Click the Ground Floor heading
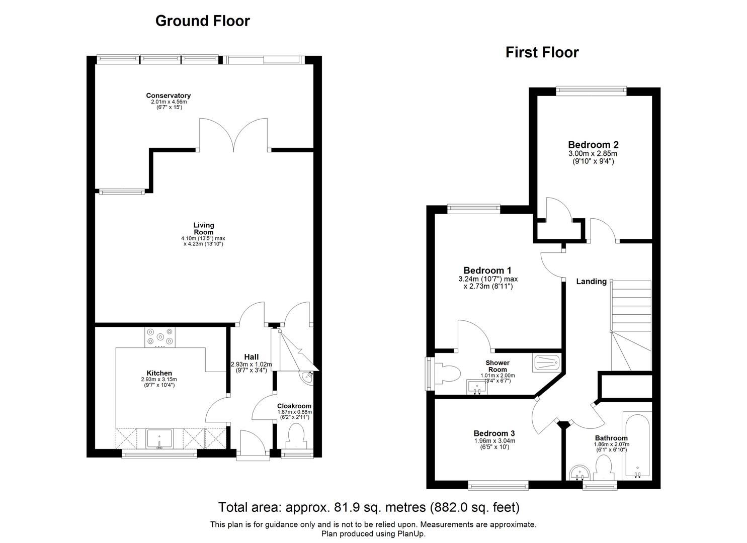point(202,21)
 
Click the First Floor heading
point(542,52)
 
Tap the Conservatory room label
point(168,96)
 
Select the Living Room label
point(204,229)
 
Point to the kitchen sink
point(159,438)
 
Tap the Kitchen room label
point(159,373)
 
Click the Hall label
point(251,357)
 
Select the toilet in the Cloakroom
point(296,435)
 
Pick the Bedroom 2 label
point(593,145)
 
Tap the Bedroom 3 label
point(494,433)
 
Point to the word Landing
point(591,282)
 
